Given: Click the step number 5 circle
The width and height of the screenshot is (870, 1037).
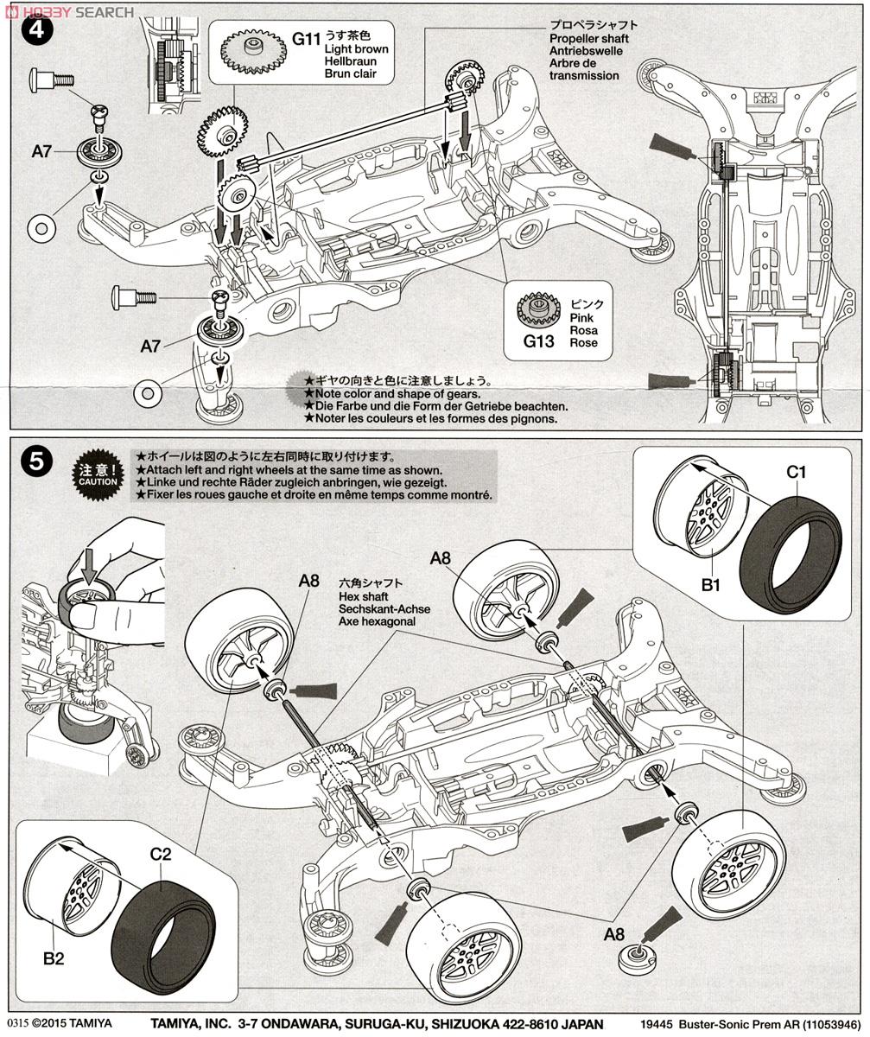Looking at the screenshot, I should (35, 461).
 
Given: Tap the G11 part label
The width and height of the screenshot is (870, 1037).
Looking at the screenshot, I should (306, 39).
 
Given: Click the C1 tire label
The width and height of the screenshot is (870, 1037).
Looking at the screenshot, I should (796, 472).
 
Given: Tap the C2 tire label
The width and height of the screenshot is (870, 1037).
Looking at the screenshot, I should (161, 855).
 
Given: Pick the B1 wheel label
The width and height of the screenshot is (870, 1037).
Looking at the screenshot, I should (710, 585).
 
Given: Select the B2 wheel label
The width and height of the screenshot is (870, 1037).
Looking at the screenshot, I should (51, 957).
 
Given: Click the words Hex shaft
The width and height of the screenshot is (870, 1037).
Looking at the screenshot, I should (364, 596).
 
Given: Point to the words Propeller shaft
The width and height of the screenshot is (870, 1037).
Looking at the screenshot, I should (588, 39).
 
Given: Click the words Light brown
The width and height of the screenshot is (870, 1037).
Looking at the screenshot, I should (356, 49).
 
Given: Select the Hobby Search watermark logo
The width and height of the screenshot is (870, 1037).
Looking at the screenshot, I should (69, 11).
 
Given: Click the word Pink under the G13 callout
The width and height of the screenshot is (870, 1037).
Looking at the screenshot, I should (582, 318).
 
